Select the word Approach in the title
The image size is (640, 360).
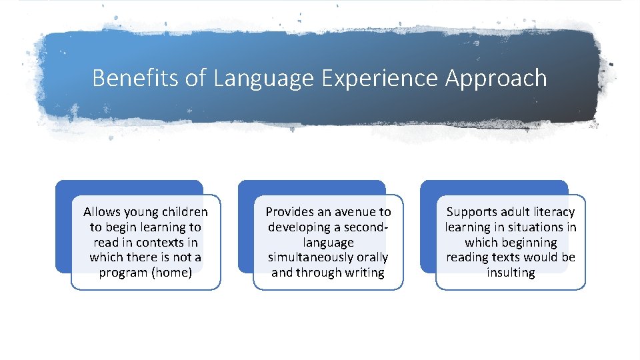[x=496, y=78]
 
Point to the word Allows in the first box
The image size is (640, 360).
[x=101, y=212]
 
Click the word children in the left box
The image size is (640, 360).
[x=183, y=212]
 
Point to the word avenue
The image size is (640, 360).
[x=354, y=212]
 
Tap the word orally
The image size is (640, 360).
[x=371, y=257]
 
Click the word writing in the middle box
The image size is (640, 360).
[x=363, y=273]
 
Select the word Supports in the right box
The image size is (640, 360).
[x=471, y=212]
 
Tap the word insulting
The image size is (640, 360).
[x=511, y=273]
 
